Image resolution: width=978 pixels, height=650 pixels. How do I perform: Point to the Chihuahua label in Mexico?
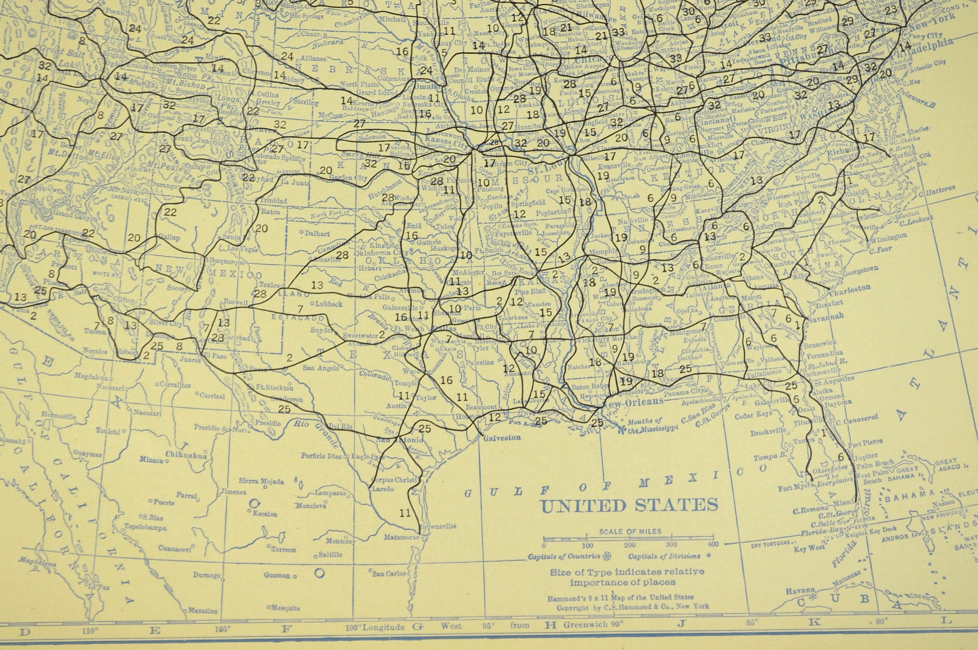click(x=186, y=455)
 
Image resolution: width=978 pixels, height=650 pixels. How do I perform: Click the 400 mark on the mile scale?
click(x=713, y=545)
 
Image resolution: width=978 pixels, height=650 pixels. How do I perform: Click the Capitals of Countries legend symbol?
click(x=608, y=556)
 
